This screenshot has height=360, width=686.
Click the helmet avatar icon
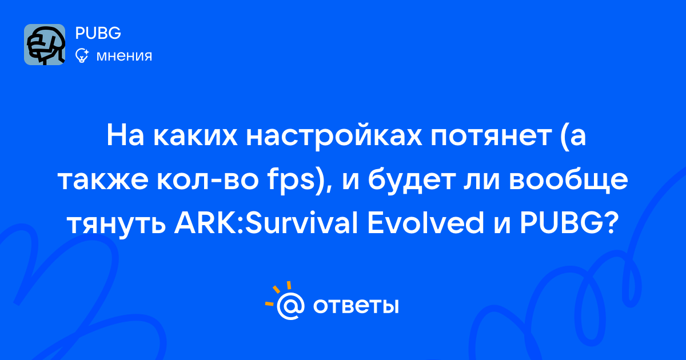(45, 45)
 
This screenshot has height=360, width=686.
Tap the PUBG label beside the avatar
(98, 33)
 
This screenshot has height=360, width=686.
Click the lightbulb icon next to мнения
(82, 55)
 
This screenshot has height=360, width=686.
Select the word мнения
(124, 56)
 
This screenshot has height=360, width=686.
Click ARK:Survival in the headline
(266, 222)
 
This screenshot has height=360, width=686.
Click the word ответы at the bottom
(356, 306)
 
